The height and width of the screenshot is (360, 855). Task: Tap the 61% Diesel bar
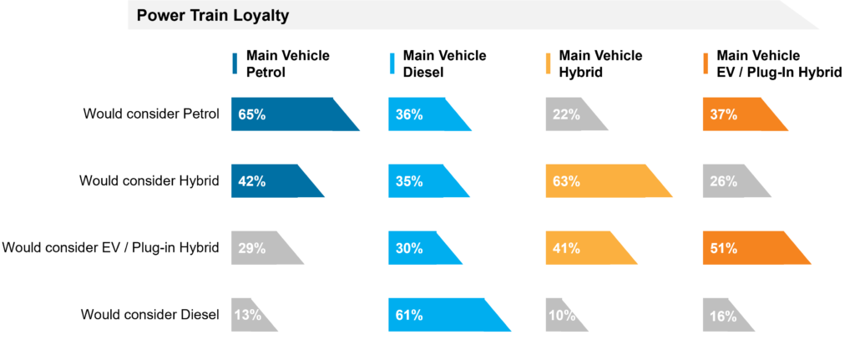point(443,315)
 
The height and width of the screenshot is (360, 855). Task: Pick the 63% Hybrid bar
point(601,181)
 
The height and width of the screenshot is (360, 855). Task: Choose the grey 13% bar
point(250,315)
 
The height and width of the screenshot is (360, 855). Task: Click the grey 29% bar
point(262,248)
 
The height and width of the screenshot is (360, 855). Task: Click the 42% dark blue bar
point(271,181)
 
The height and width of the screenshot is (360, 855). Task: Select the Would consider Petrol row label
point(151,114)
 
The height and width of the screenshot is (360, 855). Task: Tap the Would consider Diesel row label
point(149,315)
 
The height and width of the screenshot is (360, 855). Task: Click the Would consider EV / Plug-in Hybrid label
point(110,248)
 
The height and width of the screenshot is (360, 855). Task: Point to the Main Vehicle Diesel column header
point(444,64)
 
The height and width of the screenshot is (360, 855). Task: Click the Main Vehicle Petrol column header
point(287,64)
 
